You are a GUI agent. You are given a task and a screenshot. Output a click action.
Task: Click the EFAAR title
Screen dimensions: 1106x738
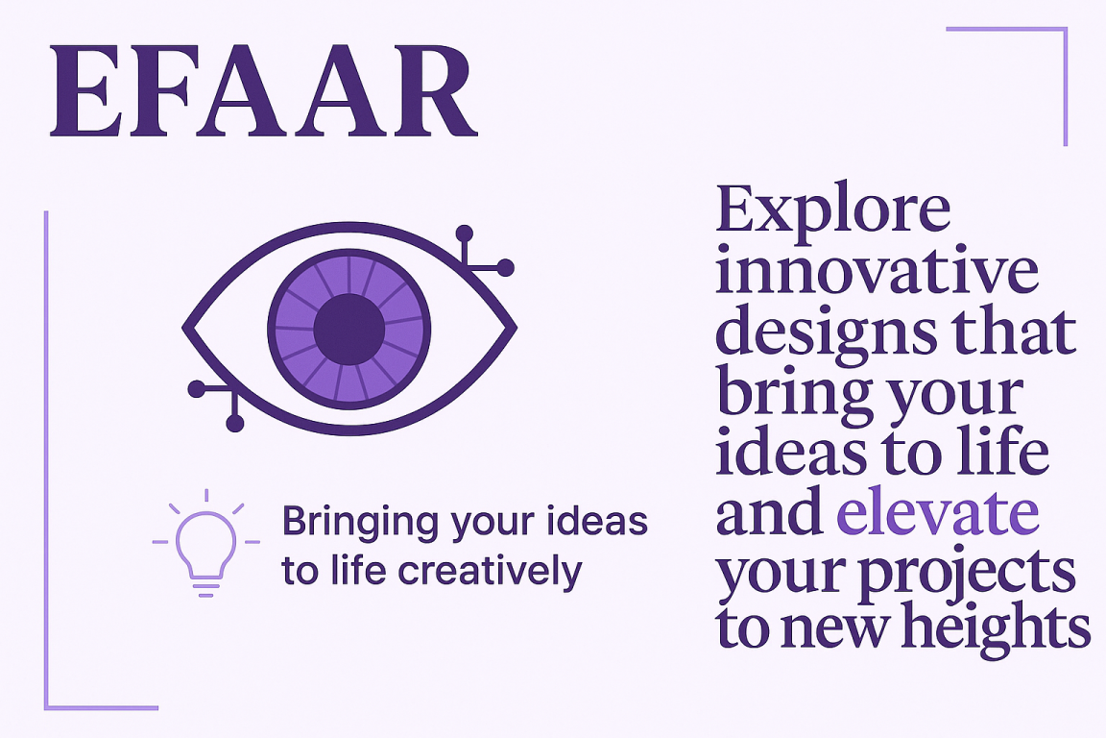coord(264,90)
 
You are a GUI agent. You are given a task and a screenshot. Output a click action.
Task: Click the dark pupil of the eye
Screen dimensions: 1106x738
coord(349,329)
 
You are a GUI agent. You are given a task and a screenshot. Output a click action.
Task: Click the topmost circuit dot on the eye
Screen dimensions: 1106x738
coord(464,234)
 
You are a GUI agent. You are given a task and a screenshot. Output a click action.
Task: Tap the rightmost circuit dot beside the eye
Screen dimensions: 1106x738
coord(506,268)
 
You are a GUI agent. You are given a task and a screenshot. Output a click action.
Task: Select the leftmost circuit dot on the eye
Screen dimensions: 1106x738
coord(197,388)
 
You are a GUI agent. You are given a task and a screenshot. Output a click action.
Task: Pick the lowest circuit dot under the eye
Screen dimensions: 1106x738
coord(235,424)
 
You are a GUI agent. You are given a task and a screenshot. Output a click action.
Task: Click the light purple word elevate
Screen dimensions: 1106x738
coord(937,511)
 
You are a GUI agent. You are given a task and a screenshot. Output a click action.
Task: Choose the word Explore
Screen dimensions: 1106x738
coord(833,209)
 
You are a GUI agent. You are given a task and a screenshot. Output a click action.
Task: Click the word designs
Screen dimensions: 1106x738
coord(826,333)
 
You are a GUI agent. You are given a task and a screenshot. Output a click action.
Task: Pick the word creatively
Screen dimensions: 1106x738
coord(491,573)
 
